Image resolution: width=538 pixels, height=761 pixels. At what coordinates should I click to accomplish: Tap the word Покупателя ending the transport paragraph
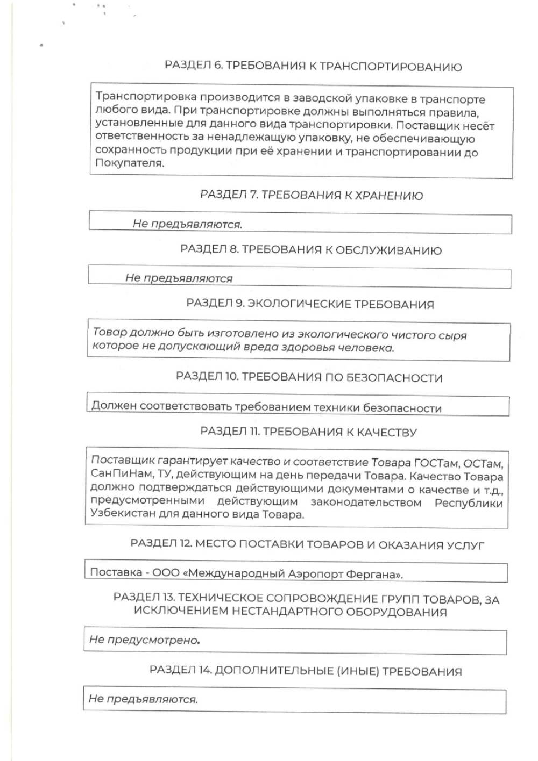[129, 163]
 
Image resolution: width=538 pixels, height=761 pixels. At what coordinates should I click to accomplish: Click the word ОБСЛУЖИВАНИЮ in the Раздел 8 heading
[388, 250]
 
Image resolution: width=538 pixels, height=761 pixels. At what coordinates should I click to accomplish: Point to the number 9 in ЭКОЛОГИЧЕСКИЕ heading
[239, 304]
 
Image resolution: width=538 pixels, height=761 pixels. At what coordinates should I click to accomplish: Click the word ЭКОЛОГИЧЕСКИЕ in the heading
[299, 304]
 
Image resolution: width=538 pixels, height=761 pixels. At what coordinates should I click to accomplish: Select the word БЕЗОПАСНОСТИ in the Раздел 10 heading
[397, 378]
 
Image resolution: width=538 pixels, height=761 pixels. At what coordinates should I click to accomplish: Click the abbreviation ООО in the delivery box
[166, 573]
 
